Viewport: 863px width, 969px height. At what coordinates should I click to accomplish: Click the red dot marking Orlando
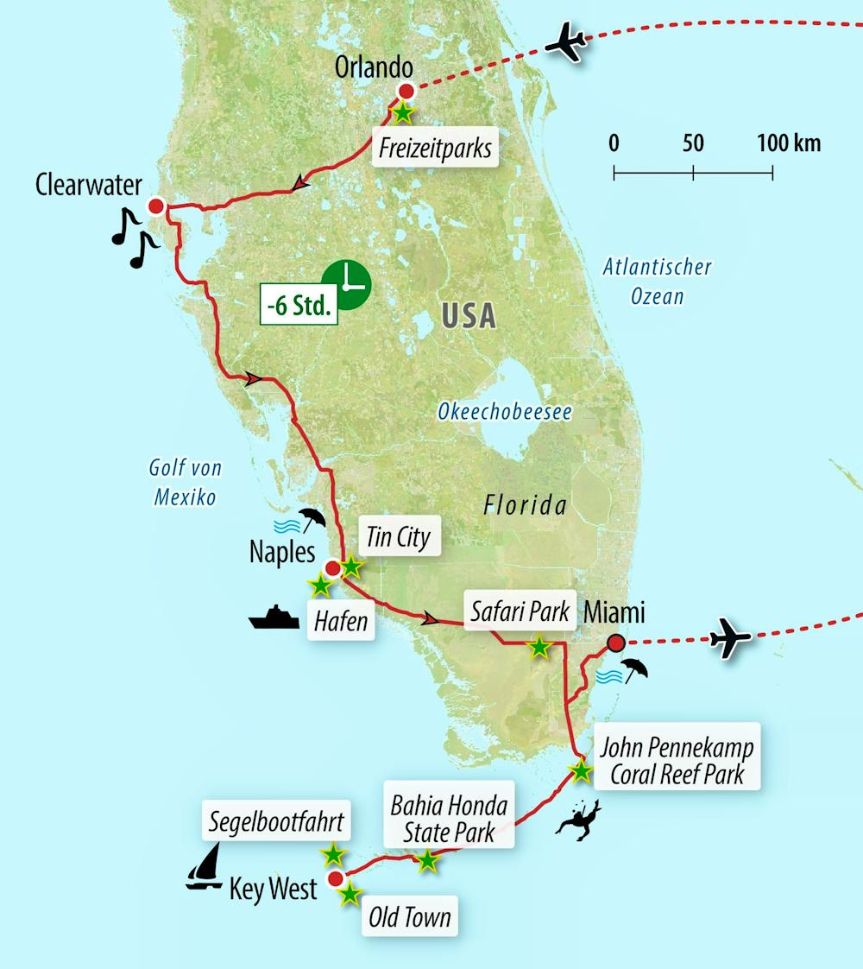406,91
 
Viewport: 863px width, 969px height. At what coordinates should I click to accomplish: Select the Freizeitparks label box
434,149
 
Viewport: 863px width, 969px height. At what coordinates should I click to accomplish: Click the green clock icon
346,284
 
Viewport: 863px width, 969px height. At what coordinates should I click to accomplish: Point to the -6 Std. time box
299,307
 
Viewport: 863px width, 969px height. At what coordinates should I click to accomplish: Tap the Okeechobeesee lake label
504,412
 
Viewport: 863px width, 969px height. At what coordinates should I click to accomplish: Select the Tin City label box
398,537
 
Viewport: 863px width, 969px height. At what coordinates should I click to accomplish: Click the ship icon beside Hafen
274,618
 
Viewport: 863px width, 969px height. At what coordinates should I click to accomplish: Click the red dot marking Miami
615,643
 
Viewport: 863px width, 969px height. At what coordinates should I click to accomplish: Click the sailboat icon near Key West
205,866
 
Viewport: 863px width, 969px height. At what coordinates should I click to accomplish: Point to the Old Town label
409,917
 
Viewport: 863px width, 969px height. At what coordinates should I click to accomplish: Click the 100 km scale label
789,142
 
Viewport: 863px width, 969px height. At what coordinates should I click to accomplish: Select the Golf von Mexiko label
185,482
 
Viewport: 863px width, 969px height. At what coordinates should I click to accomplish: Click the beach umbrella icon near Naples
311,519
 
